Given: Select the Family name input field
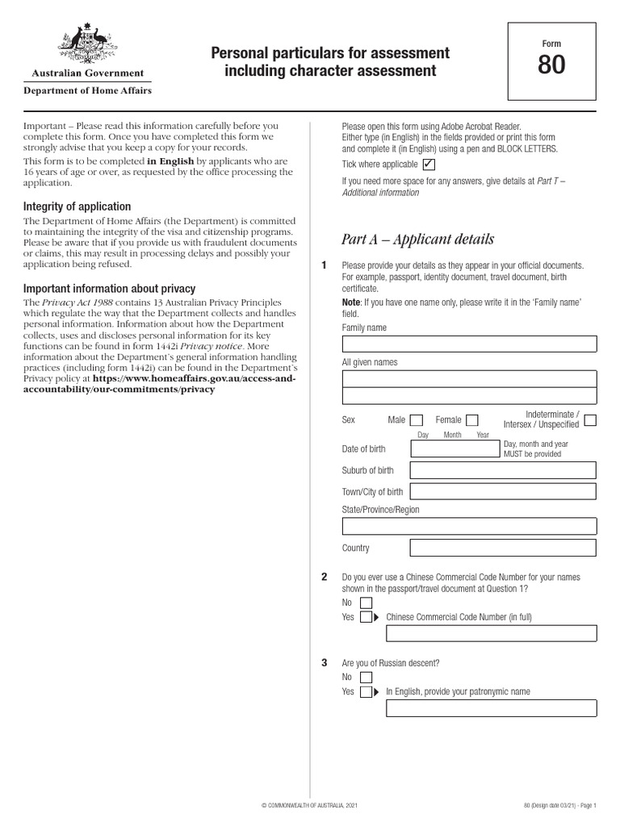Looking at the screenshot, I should coord(469,344).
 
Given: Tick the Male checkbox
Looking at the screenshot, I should coord(417,419).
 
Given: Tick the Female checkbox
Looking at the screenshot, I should coord(472,419).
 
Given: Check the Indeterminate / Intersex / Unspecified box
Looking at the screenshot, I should coord(590,419).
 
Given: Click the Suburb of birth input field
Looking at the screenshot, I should coord(503,470).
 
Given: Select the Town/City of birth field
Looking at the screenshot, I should coord(503,492).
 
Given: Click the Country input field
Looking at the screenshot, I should coord(503,549).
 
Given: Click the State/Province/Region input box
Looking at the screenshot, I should coord(469,527).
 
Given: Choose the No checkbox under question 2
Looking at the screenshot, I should coord(366,603).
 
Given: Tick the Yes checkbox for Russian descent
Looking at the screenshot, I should coord(366,692).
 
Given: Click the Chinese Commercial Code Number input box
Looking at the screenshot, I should coord(491,633).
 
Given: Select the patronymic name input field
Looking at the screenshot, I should coord(491,708).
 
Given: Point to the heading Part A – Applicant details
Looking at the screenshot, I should coord(417,240).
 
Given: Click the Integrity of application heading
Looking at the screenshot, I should coord(77,206).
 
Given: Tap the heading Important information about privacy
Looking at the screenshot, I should coord(109,288).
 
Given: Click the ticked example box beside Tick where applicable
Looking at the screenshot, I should coord(429,165).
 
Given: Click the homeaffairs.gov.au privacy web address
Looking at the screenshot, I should coord(195,383).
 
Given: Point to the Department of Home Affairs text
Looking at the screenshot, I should coord(87,90).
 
